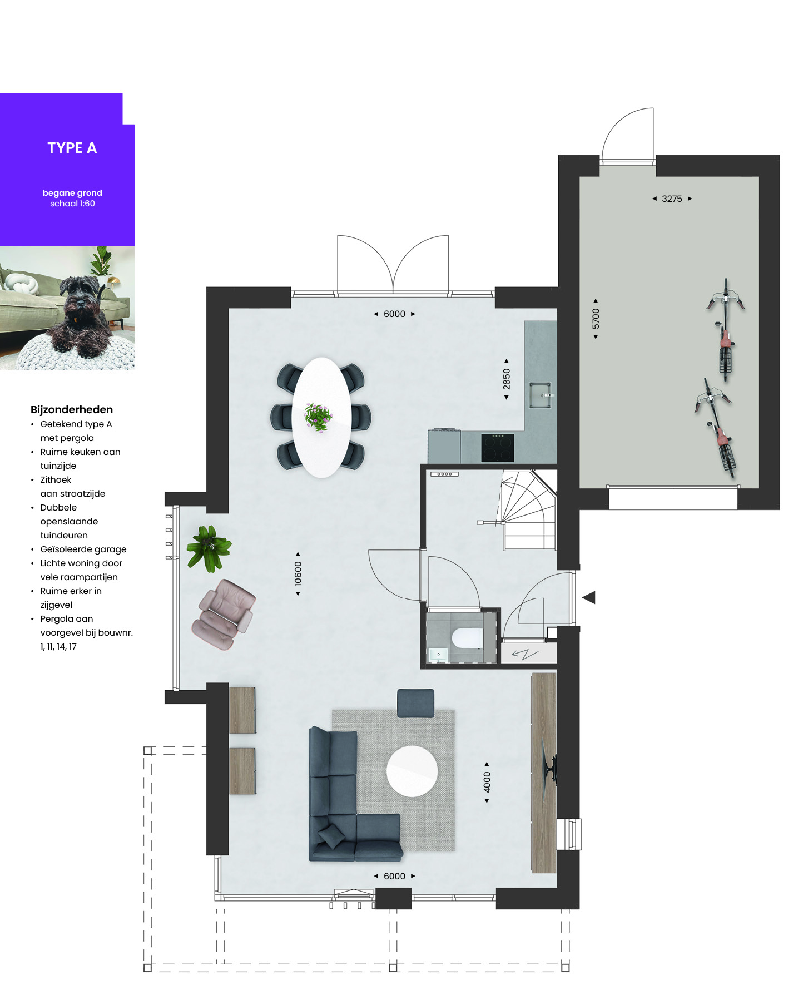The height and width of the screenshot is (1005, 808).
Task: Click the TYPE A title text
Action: point(72,148)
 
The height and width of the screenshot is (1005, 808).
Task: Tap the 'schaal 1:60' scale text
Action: point(72,204)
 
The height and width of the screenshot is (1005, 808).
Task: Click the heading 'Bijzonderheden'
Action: point(72,409)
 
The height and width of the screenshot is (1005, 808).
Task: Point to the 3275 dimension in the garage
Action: point(672,199)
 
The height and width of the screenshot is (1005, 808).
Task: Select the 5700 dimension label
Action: point(596,319)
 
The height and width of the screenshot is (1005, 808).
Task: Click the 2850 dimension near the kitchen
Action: point(507,379)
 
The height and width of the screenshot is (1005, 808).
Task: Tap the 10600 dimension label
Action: point(298,573)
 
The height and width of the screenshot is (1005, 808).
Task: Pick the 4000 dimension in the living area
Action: point(487,782)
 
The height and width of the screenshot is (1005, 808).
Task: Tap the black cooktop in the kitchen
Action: point(498,448)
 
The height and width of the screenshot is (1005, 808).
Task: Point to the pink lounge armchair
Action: point(223,615)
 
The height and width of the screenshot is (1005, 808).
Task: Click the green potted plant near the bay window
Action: point(209,548)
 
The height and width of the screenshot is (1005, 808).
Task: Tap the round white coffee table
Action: point(412,771)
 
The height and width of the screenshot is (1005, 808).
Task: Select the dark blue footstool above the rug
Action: point(415,703)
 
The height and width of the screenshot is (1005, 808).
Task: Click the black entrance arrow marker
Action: point(589,597)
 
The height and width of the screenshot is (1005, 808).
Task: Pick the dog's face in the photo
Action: point(81,300)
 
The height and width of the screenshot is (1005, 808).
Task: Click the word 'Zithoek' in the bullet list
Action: point(56,479)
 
